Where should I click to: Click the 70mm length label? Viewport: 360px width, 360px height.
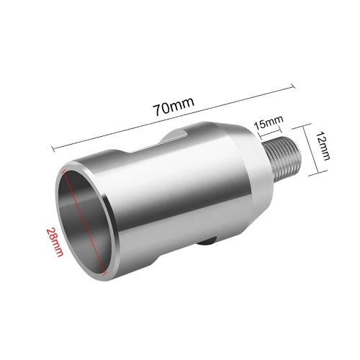tap(174, 106)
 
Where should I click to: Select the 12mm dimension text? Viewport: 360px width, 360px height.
tap(322, 145)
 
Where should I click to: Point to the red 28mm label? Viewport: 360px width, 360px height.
tap(55, 242)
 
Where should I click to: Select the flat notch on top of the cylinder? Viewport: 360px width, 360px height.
tap(173, 139)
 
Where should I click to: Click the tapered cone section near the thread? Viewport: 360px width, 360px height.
tap(258, 168)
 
